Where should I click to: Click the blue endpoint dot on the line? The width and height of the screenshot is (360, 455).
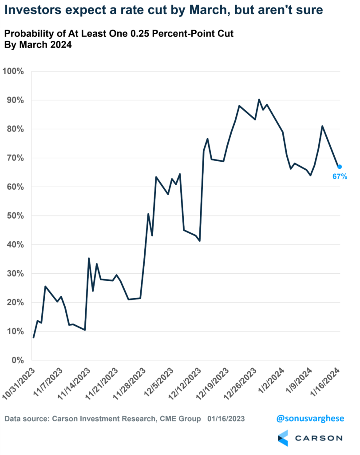[340, 167]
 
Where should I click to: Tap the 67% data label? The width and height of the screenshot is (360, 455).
[340, 176]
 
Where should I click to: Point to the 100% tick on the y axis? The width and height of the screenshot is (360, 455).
[15, 72]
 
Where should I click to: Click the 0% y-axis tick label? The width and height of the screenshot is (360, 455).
[19, 360]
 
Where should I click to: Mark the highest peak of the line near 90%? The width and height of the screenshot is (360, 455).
[259, 100]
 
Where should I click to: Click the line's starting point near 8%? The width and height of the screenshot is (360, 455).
[33, 337]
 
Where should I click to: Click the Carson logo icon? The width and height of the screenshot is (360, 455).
[283, 438]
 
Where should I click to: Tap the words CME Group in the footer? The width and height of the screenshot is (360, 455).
[182, 419]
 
